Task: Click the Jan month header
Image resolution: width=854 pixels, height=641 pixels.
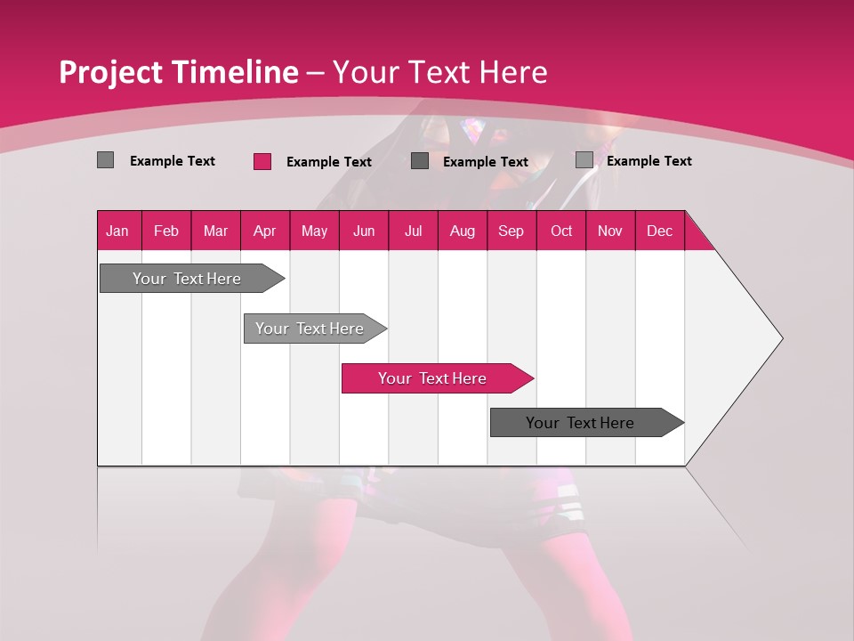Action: coord(117,231)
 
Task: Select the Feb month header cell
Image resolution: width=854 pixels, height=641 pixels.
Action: coord(166,231)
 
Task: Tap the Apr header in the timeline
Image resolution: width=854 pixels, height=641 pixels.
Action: coord(264,231)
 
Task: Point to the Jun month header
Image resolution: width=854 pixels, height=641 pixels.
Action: coord(364,231)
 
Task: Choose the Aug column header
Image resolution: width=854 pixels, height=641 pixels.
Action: coord(462,231)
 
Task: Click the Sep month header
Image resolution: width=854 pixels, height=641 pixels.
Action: coord(511,231)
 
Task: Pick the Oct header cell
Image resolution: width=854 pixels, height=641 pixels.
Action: coord(561,231)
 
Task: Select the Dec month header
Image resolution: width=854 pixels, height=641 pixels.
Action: coord(659,231)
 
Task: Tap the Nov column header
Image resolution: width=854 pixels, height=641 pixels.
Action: coord(610,231)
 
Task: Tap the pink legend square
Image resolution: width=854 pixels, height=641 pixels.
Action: coord(262,161)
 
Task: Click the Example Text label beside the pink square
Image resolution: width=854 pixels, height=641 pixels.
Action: coord(328,162)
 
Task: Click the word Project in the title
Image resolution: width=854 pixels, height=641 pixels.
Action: coord(110,72)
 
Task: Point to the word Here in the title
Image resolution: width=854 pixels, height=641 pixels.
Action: coord(513,72)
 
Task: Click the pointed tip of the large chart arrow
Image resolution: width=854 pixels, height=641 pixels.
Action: coord(779,337)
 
